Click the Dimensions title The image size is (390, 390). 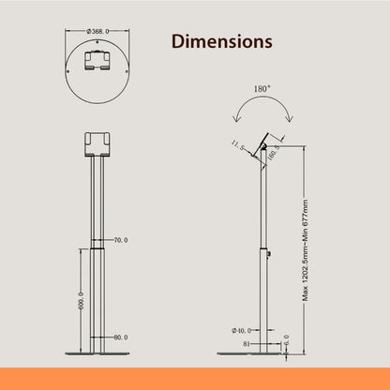221,42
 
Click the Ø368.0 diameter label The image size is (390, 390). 98,31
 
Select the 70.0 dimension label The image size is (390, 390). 120,241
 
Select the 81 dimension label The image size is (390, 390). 246,343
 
